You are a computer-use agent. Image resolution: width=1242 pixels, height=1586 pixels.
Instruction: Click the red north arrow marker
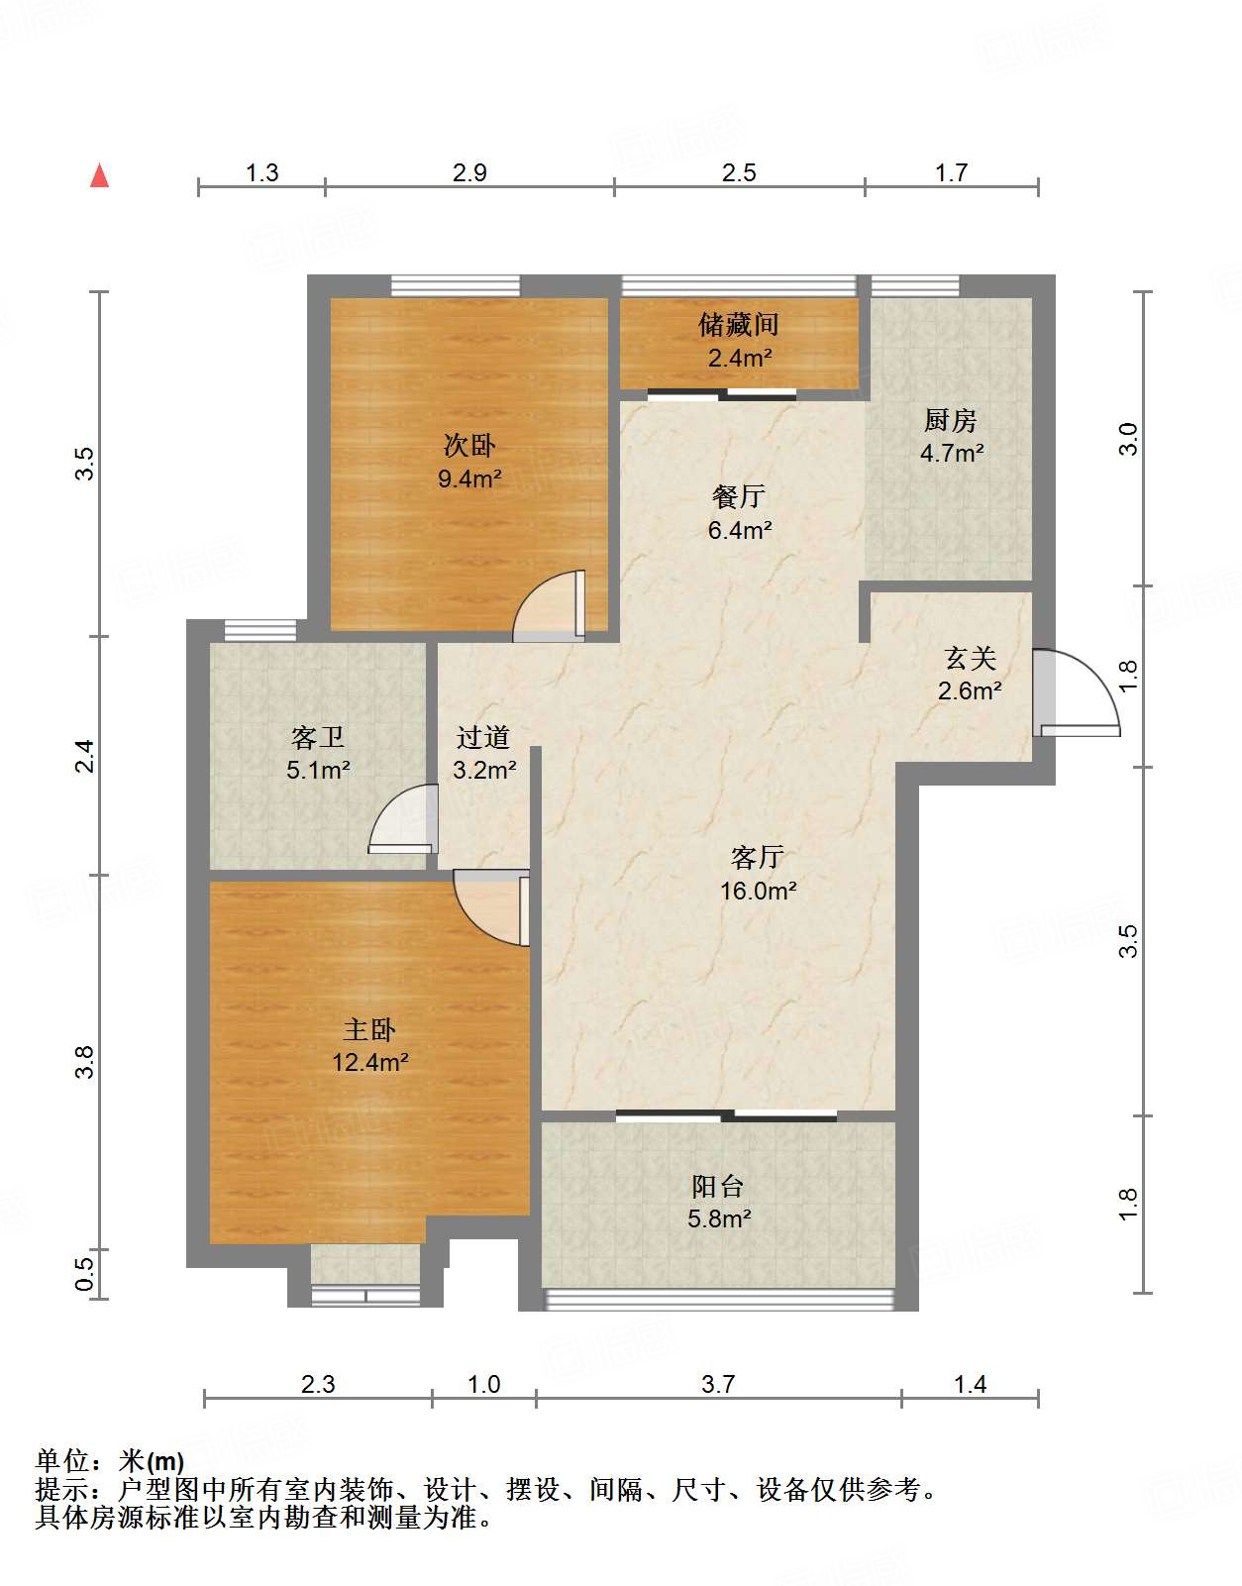click(99, 175)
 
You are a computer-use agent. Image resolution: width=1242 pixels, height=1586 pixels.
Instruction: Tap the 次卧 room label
click(469, 445)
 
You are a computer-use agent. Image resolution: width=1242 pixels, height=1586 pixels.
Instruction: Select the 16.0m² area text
click(758, 891)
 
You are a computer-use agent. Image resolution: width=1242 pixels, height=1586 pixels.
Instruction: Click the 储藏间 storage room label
click(739, 324)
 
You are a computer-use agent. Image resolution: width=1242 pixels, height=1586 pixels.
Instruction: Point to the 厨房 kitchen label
click(951, 420)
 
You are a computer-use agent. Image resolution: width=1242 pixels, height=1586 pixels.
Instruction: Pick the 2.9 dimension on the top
click(469, 172)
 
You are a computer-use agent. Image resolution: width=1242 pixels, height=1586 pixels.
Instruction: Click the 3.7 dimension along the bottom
click(718, 1384)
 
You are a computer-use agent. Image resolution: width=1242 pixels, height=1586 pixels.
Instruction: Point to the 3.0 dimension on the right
click(1128, 438)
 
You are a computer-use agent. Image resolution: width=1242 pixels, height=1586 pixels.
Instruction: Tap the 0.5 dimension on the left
click(86, 1274)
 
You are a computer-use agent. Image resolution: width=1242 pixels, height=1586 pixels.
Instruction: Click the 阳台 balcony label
click(718, 1186)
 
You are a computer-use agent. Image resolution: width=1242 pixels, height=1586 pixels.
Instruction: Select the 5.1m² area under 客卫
click(318, 770)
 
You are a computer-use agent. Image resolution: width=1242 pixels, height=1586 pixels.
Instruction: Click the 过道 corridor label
click(483, 737)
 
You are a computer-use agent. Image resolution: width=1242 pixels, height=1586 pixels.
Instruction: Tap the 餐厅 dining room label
click(739, 496)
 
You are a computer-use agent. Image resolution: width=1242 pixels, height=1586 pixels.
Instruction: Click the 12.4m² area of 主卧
click(369, 1062)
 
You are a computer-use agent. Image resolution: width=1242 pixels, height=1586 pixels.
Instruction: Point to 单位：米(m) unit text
click(110, 1460)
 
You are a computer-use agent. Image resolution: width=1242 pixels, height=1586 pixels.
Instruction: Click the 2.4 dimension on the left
click(86, 756)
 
